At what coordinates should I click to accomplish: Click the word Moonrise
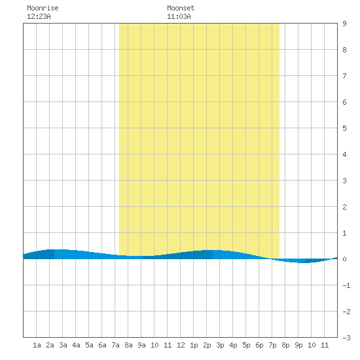[43, 8]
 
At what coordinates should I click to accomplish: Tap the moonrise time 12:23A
[39, 16]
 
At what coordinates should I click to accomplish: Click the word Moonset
[181, 8]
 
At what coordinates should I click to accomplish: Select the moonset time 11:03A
[179, 16]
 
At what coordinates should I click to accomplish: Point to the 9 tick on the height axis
[344, 24]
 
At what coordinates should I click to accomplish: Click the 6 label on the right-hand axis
[344, 102]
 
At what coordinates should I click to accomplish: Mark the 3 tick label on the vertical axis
[344, 181]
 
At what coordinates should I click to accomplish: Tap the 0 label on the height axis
[344, 259]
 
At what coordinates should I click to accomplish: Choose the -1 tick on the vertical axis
[346, 285]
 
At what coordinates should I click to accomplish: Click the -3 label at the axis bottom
[346, 338]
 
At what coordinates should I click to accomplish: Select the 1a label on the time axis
[37, 345]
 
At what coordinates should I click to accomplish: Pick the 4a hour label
[76, 345]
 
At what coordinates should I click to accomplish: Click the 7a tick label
[115, 345]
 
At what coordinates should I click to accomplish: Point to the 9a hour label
[141, 345]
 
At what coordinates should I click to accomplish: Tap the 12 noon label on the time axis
[181, 345]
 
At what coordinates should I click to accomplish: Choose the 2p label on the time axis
[207, 345]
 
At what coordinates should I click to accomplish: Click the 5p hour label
[246, 345]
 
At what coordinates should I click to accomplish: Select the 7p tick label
[272, 345]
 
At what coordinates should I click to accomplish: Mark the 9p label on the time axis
[298, 345]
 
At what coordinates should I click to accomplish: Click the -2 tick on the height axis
[346, 312]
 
